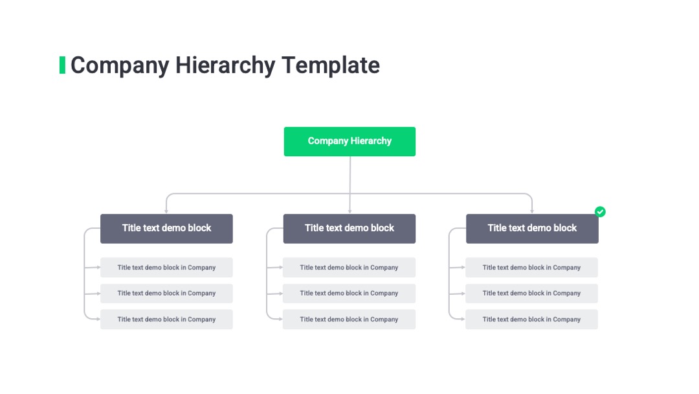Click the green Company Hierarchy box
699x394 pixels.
(x=349, y=141)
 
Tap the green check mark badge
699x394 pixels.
(x=600, y=211)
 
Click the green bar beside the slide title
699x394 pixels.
(x=62, y=65)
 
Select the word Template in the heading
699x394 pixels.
(x=331, y=65)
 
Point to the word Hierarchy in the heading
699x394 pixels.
(x=225, y=65)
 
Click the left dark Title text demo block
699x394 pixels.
(x=166, y=229)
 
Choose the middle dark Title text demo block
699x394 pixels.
(x=349, y=229)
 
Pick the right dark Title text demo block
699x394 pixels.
(x=532, y=229)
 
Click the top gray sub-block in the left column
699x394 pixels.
(x=166, y=267)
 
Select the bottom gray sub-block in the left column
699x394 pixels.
(x=166, y=319)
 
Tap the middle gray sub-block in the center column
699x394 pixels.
(x=349, y=294)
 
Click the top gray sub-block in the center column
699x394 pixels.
(x=349, y=267)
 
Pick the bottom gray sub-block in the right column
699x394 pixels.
(x=532, y=319)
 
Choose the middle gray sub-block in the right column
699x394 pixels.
(x=532, y=294)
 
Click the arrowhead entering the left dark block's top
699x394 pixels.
(x=166, y=211)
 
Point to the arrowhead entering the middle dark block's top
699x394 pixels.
(x=350, y=211)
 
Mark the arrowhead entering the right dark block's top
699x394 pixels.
(x=532, y=211)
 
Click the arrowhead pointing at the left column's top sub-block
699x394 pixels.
(x=98, y=267)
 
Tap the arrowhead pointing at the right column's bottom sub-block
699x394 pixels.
(x=463, y=319)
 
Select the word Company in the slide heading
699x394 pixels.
(x=120, y=65)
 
